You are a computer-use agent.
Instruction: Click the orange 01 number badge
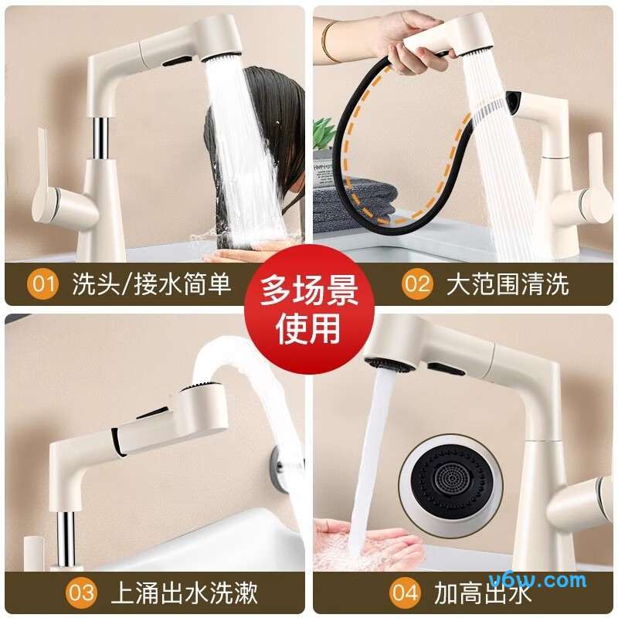[x=42, y=284]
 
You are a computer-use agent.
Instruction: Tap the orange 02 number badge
[x=417, y=284]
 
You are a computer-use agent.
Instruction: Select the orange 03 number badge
[x=81, y=593]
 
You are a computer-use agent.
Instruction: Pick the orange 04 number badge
[x=405, y=593]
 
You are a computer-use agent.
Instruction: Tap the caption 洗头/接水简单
[x=151, y=284]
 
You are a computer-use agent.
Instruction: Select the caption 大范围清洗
[x=508, y=284]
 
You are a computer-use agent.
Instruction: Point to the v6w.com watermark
[x=538, y=581]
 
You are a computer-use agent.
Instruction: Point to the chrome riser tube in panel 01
[x=100, y=138]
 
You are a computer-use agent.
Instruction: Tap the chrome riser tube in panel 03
[x=66, y=539]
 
